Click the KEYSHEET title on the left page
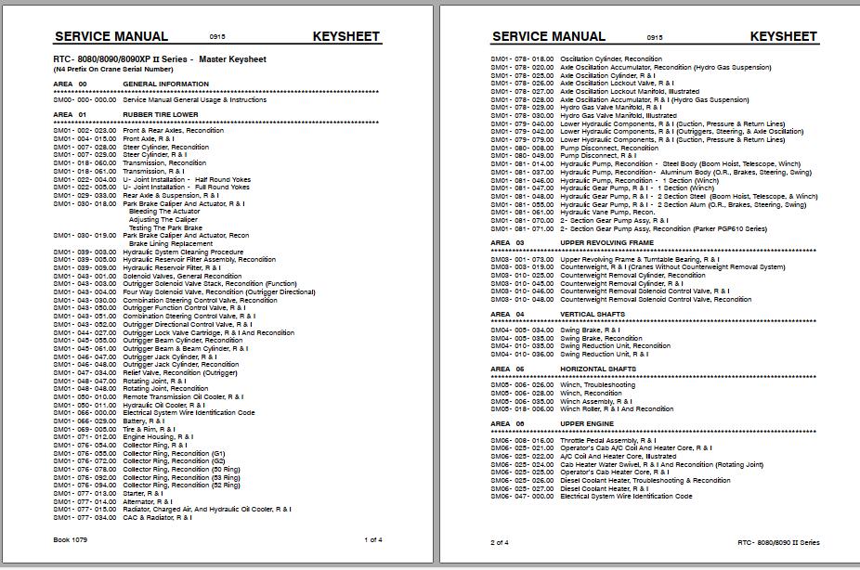click(x=346, y=36)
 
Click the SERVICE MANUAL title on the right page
click(x=548, y=36)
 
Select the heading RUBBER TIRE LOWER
click(x=161, y=114)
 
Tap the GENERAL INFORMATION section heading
click(x=166, y=84)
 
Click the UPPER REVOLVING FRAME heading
click(x=606, y=243)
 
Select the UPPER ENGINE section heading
click(x=588, y=422)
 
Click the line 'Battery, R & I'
click(x=144, y=421)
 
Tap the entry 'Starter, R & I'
click(x=143, y=493)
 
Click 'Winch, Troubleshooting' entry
click(x=597, y=385)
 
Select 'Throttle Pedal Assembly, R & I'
click(x=611, y=439)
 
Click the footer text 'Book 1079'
click(x=71, y=539)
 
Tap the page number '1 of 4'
click(x=373, y=539)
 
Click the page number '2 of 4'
click(x=500, y=542)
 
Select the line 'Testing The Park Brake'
click(x=165, y=227)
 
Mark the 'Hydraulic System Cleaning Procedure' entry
click(x=183, y=252)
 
